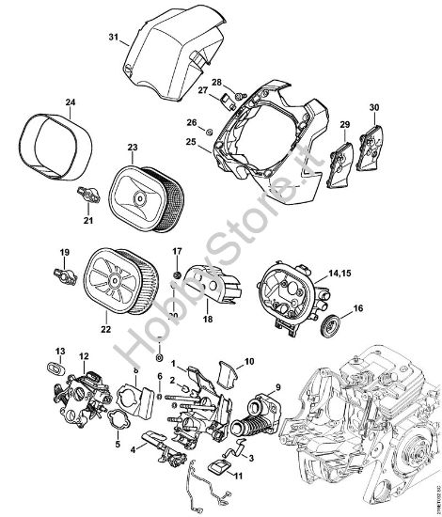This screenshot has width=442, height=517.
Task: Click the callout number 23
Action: point(133,148)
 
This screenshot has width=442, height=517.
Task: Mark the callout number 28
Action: point(216,82)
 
